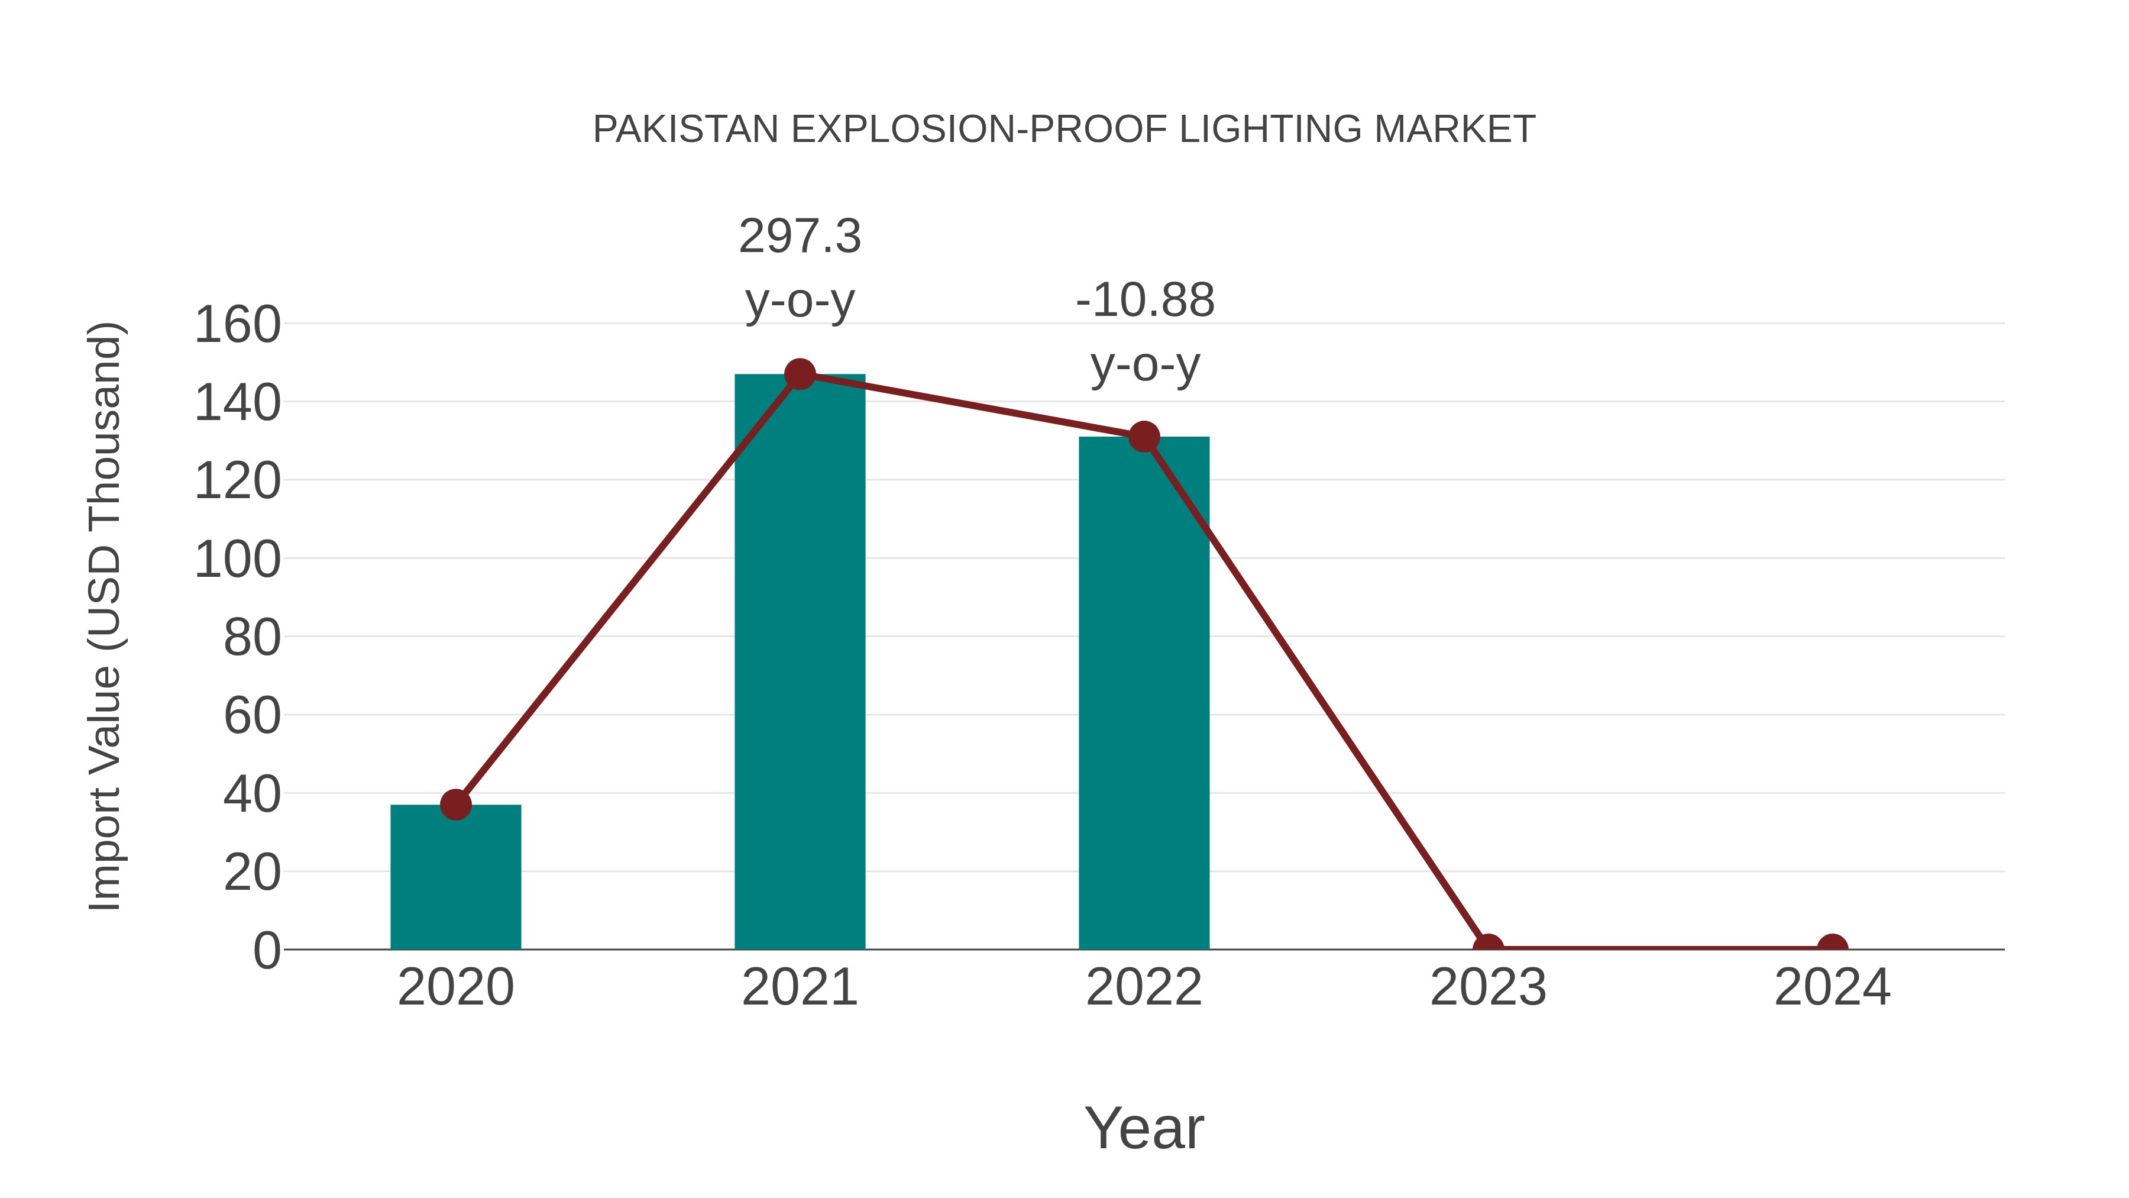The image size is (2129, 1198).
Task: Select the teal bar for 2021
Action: tap(799, 661)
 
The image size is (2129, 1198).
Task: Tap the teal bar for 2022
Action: tap(1144, 695)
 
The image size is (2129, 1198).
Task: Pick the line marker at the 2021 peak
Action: tap(799, 374)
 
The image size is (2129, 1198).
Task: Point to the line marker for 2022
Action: tap(1144, 437)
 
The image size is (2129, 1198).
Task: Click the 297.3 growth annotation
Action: tap(799, 237)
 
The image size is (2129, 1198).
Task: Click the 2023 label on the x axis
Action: tap(1488, 987)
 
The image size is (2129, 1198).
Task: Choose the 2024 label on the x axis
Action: tap(1832, 987)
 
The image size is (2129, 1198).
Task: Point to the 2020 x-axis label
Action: tap(455, 987)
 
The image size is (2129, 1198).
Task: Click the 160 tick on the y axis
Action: tap(237, 324)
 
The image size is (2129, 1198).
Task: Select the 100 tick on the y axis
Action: tap(237, 560)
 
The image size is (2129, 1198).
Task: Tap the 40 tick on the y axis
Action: tap(251, 795)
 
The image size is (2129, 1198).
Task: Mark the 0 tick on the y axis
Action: tap(266, 950)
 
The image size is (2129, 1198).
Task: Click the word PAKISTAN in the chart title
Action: tap(686, 130)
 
